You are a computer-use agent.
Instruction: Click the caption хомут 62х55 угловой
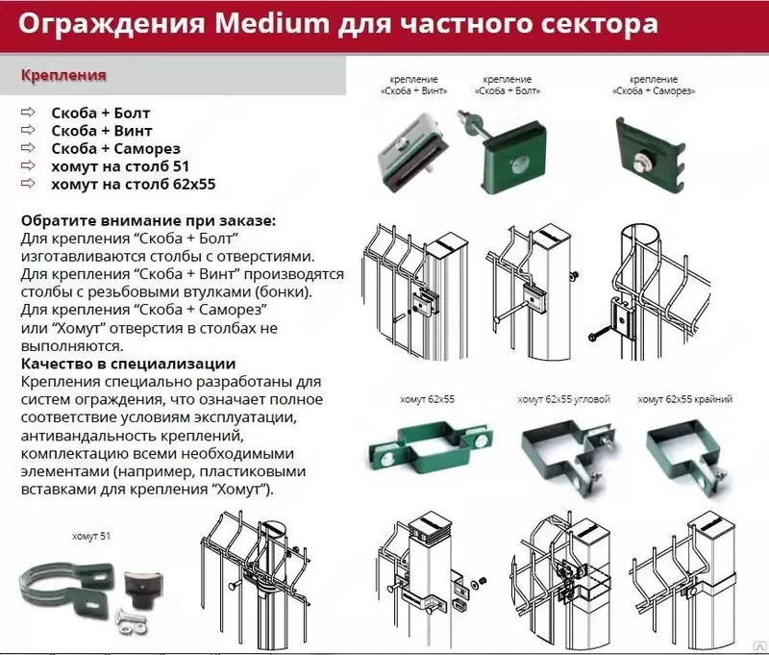pyautogui.click(x=563, y=399)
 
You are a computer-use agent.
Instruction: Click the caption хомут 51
pyautogui.click(x=91, y=535)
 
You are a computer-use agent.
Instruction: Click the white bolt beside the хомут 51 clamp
pyautogui.click(x=126, y=617)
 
